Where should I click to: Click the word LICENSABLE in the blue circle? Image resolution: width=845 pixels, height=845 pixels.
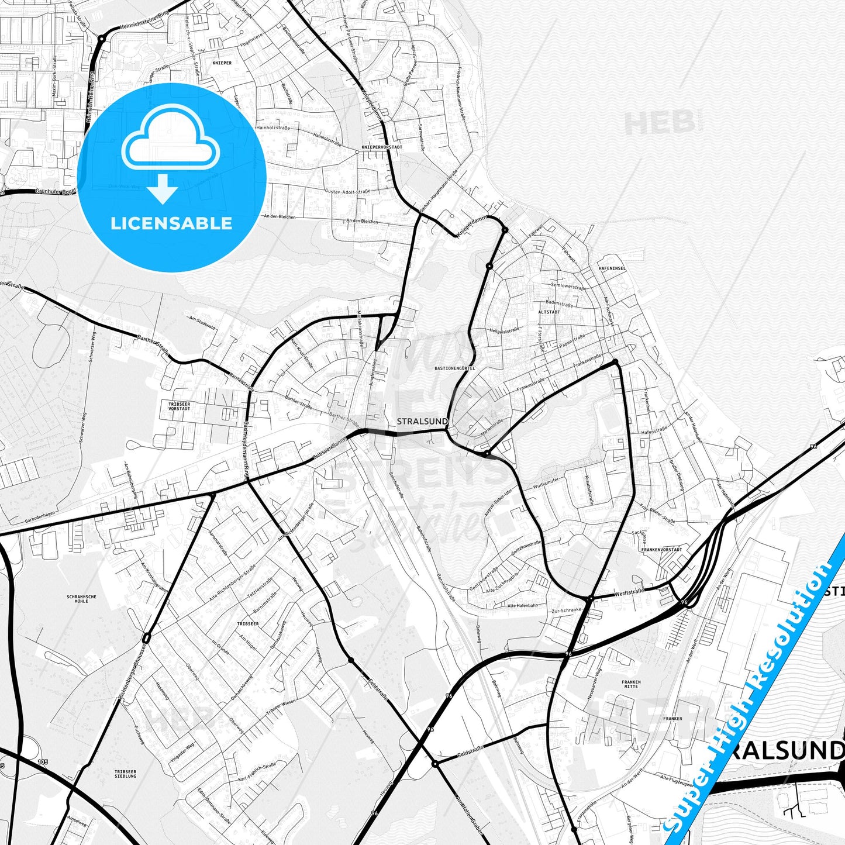pos(171,223)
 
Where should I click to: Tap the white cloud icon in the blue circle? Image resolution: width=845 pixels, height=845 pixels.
pos(170,139)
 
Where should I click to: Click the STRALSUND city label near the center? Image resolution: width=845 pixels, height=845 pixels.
pos(422,421)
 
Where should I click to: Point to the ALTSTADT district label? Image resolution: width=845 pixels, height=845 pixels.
pos(549,312)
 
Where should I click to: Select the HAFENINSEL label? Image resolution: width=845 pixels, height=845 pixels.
pos(612,268)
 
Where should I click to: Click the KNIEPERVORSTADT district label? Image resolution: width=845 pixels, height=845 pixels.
pos(382,147)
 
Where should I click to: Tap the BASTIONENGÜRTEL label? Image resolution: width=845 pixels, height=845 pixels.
pos(455,368)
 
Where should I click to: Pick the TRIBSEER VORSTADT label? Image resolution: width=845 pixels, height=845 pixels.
pos(179,406)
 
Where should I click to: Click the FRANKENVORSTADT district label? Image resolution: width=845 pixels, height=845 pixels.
pos(661,550)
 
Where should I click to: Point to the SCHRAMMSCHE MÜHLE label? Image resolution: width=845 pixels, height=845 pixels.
pos(81,599)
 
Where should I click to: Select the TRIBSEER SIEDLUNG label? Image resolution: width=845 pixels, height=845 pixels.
pos(125,774)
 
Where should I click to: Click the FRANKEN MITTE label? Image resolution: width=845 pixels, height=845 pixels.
pos(631,684)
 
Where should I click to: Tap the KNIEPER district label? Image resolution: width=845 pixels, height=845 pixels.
pos(222,63)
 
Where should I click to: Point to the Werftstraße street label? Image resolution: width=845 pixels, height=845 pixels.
pos(629,592)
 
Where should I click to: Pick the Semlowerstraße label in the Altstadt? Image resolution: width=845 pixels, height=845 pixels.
pos(568,287)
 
